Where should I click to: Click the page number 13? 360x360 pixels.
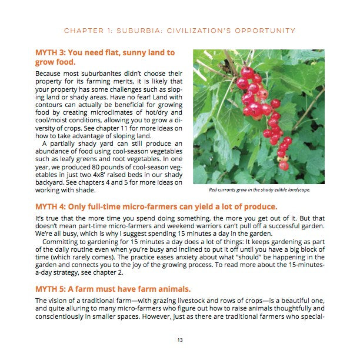[180, 339]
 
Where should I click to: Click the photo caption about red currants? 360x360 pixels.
[259, 190]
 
